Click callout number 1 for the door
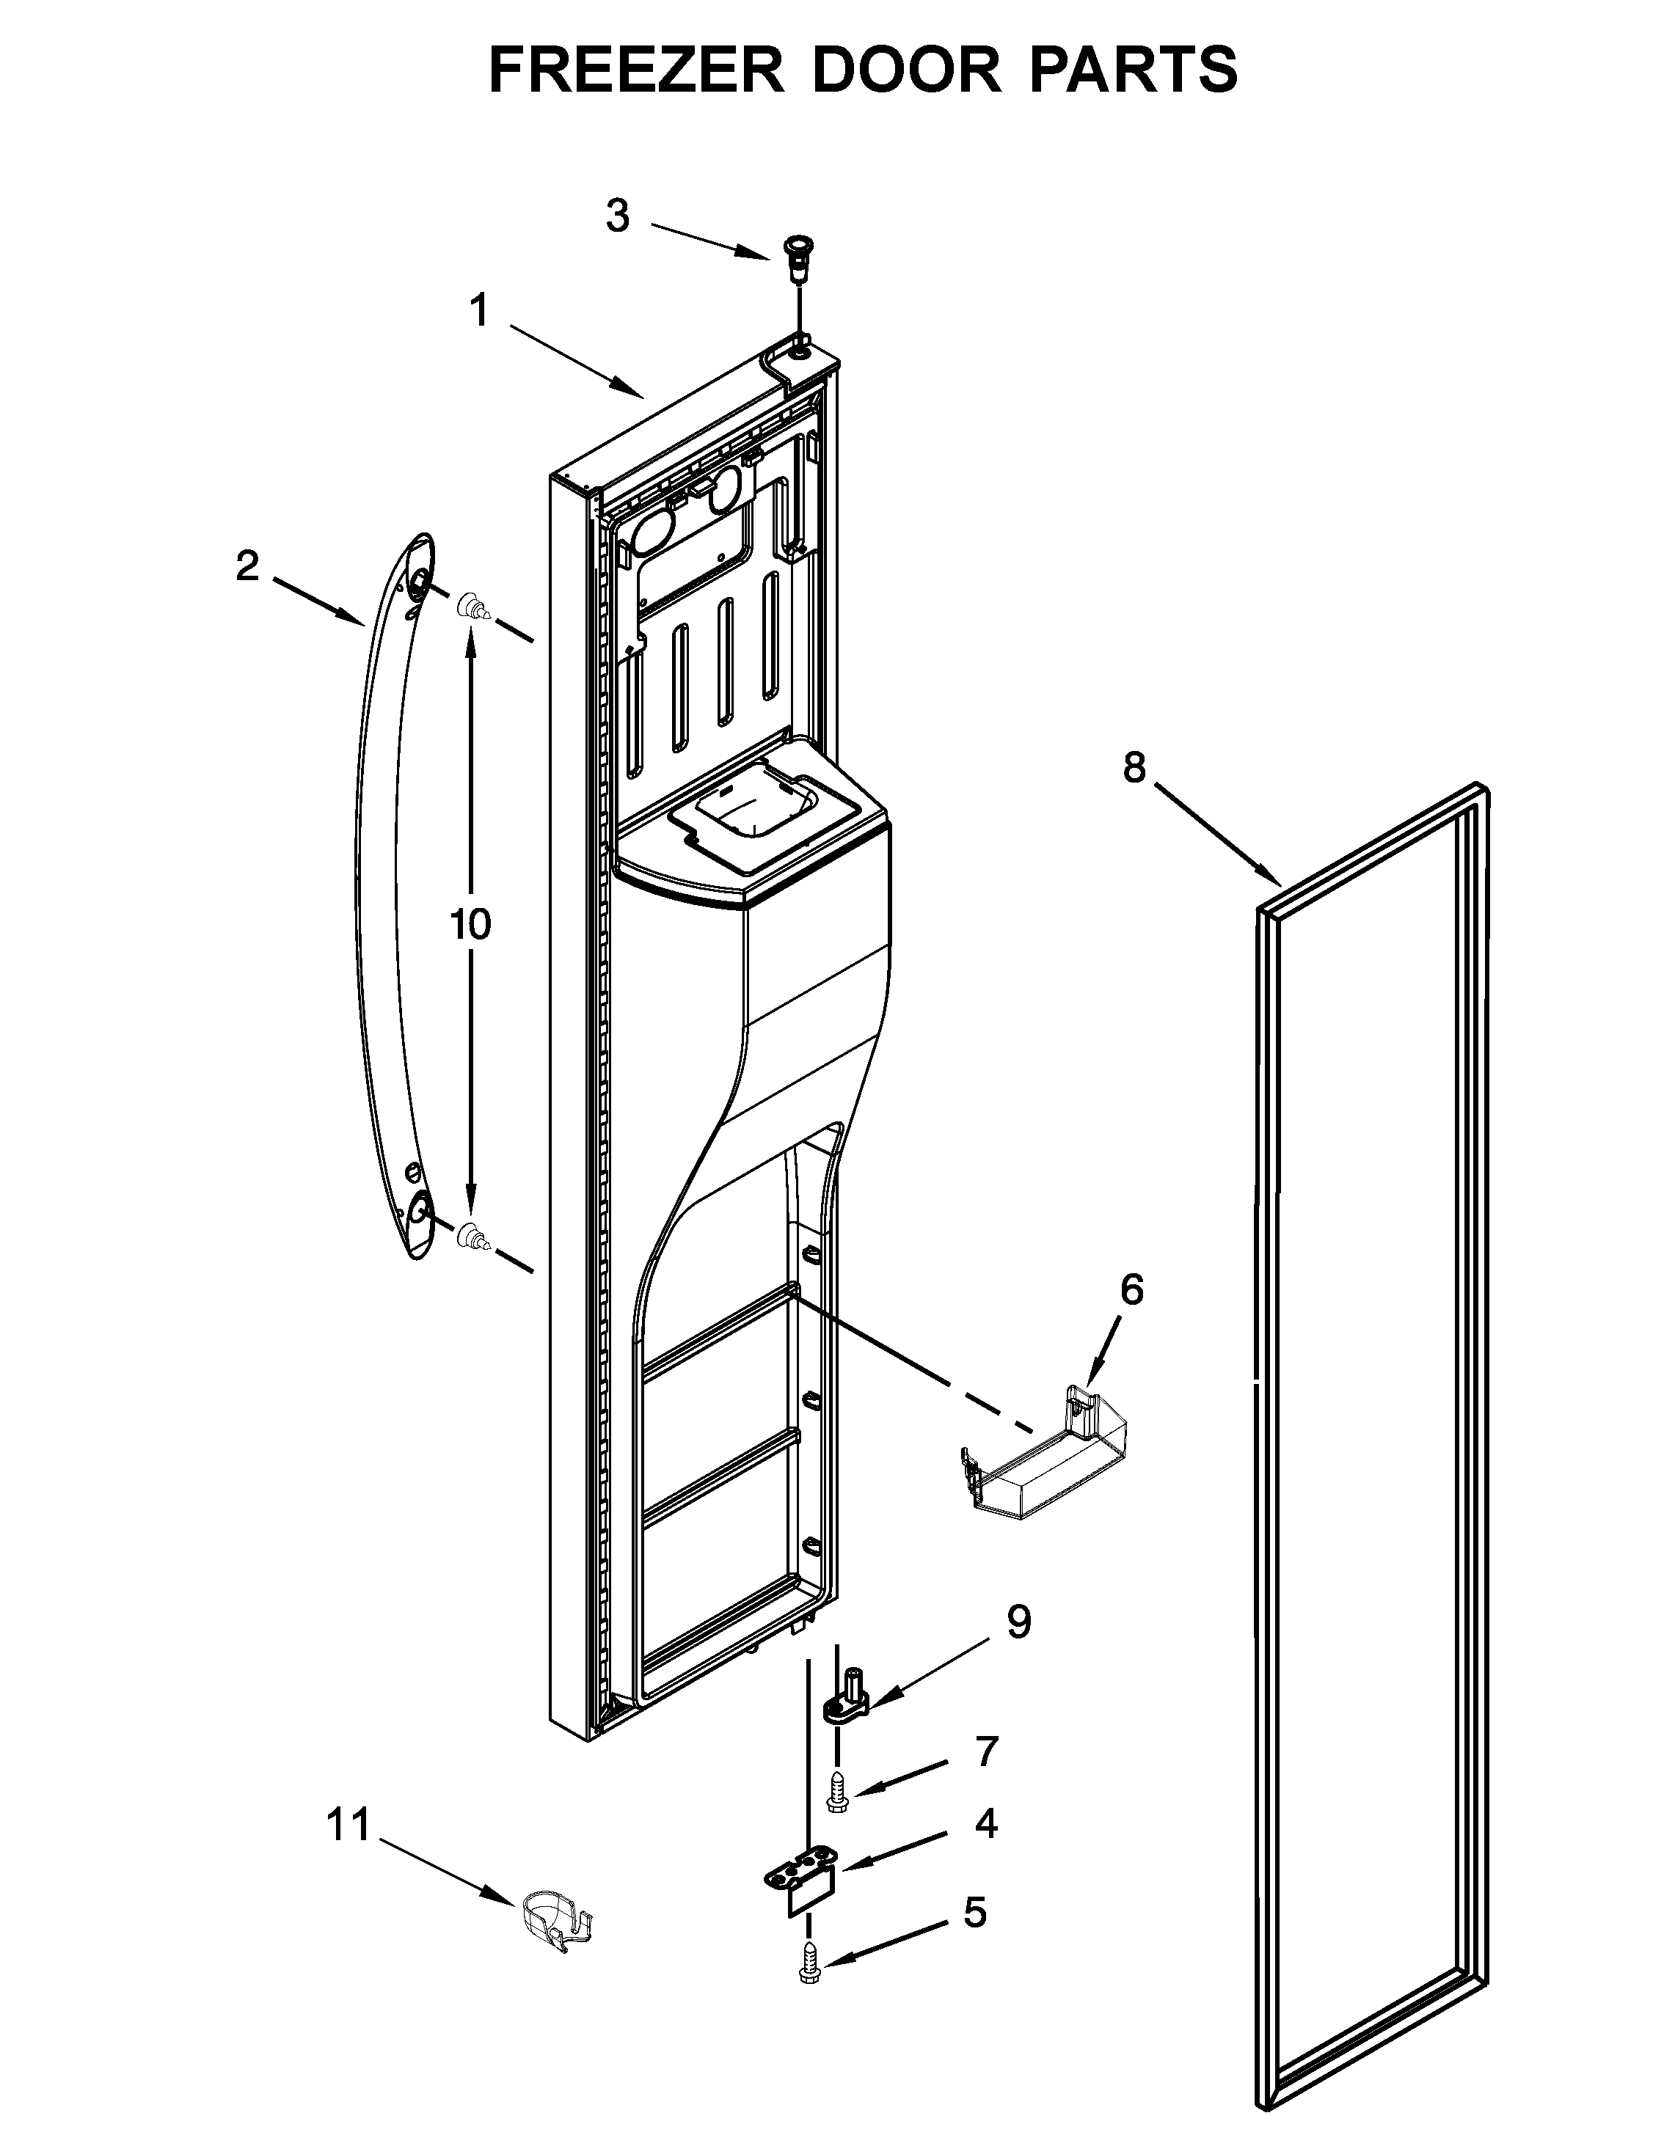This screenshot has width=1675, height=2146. (478, 312)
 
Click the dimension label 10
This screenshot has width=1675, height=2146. (471, 925)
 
